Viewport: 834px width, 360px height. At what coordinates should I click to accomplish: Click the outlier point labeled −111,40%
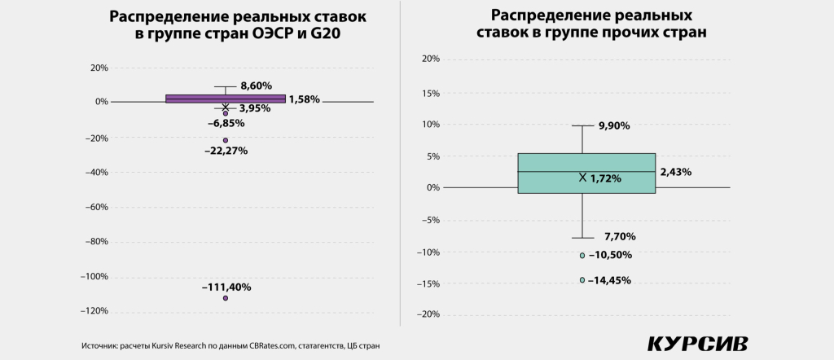226,298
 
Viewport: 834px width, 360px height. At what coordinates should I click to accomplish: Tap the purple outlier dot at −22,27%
226,140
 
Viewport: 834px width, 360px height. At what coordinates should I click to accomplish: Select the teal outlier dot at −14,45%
582,280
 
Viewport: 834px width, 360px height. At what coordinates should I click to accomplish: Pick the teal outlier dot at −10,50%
582,255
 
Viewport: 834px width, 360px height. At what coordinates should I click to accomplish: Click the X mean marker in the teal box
582,177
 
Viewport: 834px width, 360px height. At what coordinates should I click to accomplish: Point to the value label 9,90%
614,126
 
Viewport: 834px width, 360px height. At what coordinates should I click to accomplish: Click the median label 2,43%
676,172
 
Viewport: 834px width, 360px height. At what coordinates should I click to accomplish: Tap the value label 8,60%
256,86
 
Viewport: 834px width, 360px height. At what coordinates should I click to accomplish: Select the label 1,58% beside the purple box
304,99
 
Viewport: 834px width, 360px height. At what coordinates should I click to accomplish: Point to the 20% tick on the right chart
430,59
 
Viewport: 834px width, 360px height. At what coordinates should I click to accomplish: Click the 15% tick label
430,92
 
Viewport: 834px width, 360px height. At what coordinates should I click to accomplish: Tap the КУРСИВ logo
697,344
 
